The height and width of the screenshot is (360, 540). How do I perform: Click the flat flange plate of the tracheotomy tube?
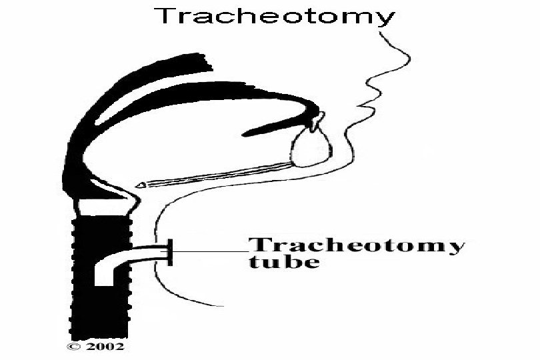click(170, 251)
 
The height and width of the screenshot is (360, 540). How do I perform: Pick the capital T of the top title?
click(165, 16)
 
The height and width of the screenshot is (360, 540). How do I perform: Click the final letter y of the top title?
click(385, 19)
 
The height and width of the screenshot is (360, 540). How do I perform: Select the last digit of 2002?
click(119, 347)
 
